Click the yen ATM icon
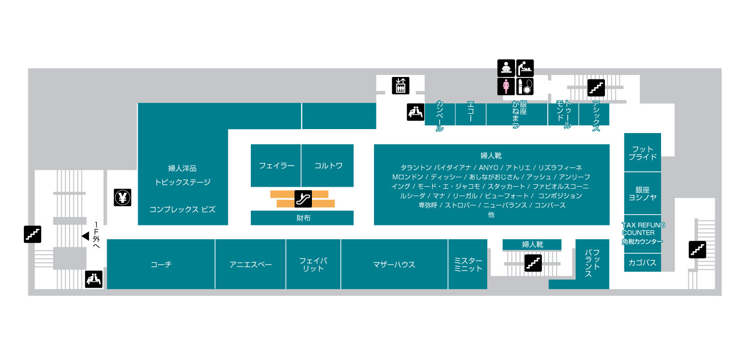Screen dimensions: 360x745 click(x=122, y=198)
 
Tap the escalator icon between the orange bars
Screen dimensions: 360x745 click(x=302, y=198)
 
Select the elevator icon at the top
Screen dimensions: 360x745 click(x=400, y=85)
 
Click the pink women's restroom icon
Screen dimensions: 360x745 click(x=506, y=86)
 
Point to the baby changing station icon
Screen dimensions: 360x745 click(x=525, y=68)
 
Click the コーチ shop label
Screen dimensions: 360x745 click(x=161, y=265)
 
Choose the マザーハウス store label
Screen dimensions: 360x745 click(x=394, y=265)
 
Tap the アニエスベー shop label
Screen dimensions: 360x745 click(x=250, y=265)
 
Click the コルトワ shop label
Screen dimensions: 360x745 click(x=328, y=166)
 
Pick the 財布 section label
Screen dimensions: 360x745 click(x=303, y=218)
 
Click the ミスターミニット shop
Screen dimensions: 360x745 click(x=468, y=265)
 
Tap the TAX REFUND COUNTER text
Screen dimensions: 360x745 click(x=643, y=229)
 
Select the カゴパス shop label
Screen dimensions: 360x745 click(x=642, y=263)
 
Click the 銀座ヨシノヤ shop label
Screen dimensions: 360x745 click(x=642, y=193)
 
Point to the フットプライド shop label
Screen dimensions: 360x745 click(x=642, y=152)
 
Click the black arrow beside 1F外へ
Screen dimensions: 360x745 click(x=85, y=235)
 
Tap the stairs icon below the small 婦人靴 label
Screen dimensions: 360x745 click(x=533, y=263)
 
